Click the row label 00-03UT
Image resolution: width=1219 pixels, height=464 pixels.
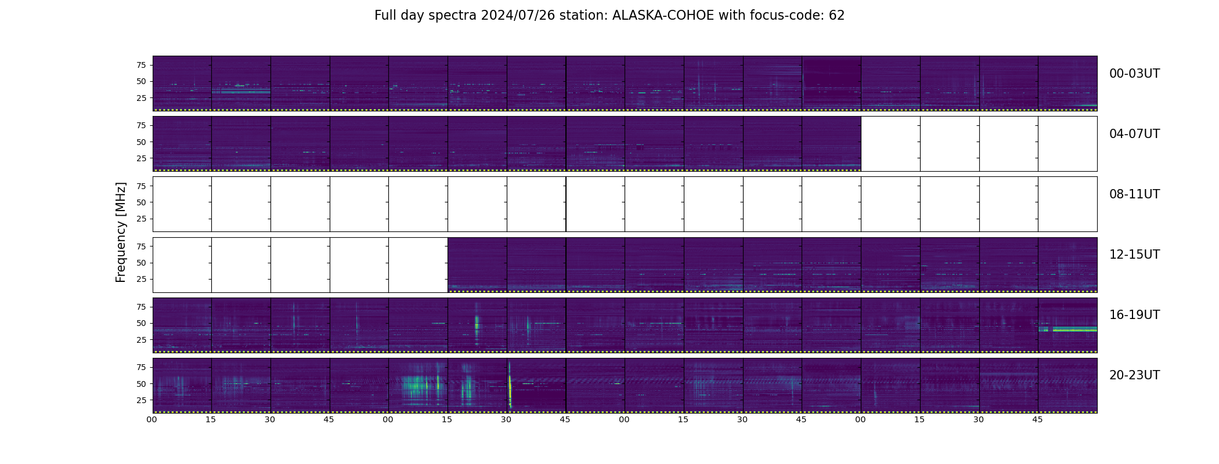tap(1134, 74)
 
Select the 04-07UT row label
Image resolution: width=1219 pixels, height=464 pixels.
tap(1134, 134)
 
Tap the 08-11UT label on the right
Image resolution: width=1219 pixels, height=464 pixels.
tap(1134, 194)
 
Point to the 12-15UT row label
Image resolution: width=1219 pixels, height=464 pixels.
tap(1134, 255)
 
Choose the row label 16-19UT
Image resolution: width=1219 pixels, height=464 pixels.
tap(1134, 315)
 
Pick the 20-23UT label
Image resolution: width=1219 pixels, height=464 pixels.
tap(1134, 375)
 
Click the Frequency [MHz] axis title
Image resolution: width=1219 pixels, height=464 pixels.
tap(121, 233)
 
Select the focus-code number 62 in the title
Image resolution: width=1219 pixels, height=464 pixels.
tap(836, 16)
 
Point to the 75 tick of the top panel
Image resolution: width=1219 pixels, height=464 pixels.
tap(141, 65)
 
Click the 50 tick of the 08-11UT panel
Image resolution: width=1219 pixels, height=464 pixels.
tap(141, 202)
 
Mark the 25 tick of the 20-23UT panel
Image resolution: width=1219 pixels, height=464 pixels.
tap(141, 400)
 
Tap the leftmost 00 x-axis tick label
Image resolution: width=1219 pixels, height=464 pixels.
tap(152, 420)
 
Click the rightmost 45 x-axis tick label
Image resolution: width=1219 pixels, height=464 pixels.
tap(1037, 420)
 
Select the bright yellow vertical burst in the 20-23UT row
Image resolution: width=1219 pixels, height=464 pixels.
tap(510, 385)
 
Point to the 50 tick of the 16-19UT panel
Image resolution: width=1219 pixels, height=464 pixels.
tap(141, 323)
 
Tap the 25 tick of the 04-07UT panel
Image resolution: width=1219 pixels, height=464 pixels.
tap(141, 158)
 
